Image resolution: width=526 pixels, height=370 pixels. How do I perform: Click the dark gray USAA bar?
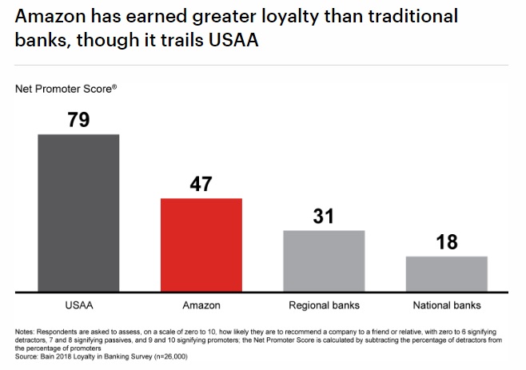pyautogui.click(x=78, y=212)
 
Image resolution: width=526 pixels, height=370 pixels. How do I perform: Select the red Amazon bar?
pyautogui.click(x=201, y=244)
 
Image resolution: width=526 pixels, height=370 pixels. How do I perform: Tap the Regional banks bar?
pyautogui.click(x=324, y=260)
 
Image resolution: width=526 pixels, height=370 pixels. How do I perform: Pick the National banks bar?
pyautogui.click(x=447, y=273)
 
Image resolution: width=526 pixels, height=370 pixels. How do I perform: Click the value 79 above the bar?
pyautogui.click(x=78, y=120)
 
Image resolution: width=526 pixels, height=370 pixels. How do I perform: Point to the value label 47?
pyautogui.click(x=201, y=184)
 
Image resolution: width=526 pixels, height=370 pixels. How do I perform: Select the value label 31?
pyautogui.click(x=324, y=216)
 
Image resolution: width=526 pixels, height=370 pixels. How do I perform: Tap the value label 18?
pyautogui.click(x=447, y=242)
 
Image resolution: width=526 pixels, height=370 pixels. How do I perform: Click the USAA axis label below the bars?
pyautogui.click(x=78, y=305)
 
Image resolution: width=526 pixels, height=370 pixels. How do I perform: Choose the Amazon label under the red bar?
pyautogui.click(x=201, y=305)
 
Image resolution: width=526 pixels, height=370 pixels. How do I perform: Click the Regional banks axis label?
pyautogui.click(x=324, y=305)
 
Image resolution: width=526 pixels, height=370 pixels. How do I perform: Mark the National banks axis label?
pyautogui.click(x=447, y=305)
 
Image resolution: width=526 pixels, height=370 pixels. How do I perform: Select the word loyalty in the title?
pyautogui.click(x=301, y=17)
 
